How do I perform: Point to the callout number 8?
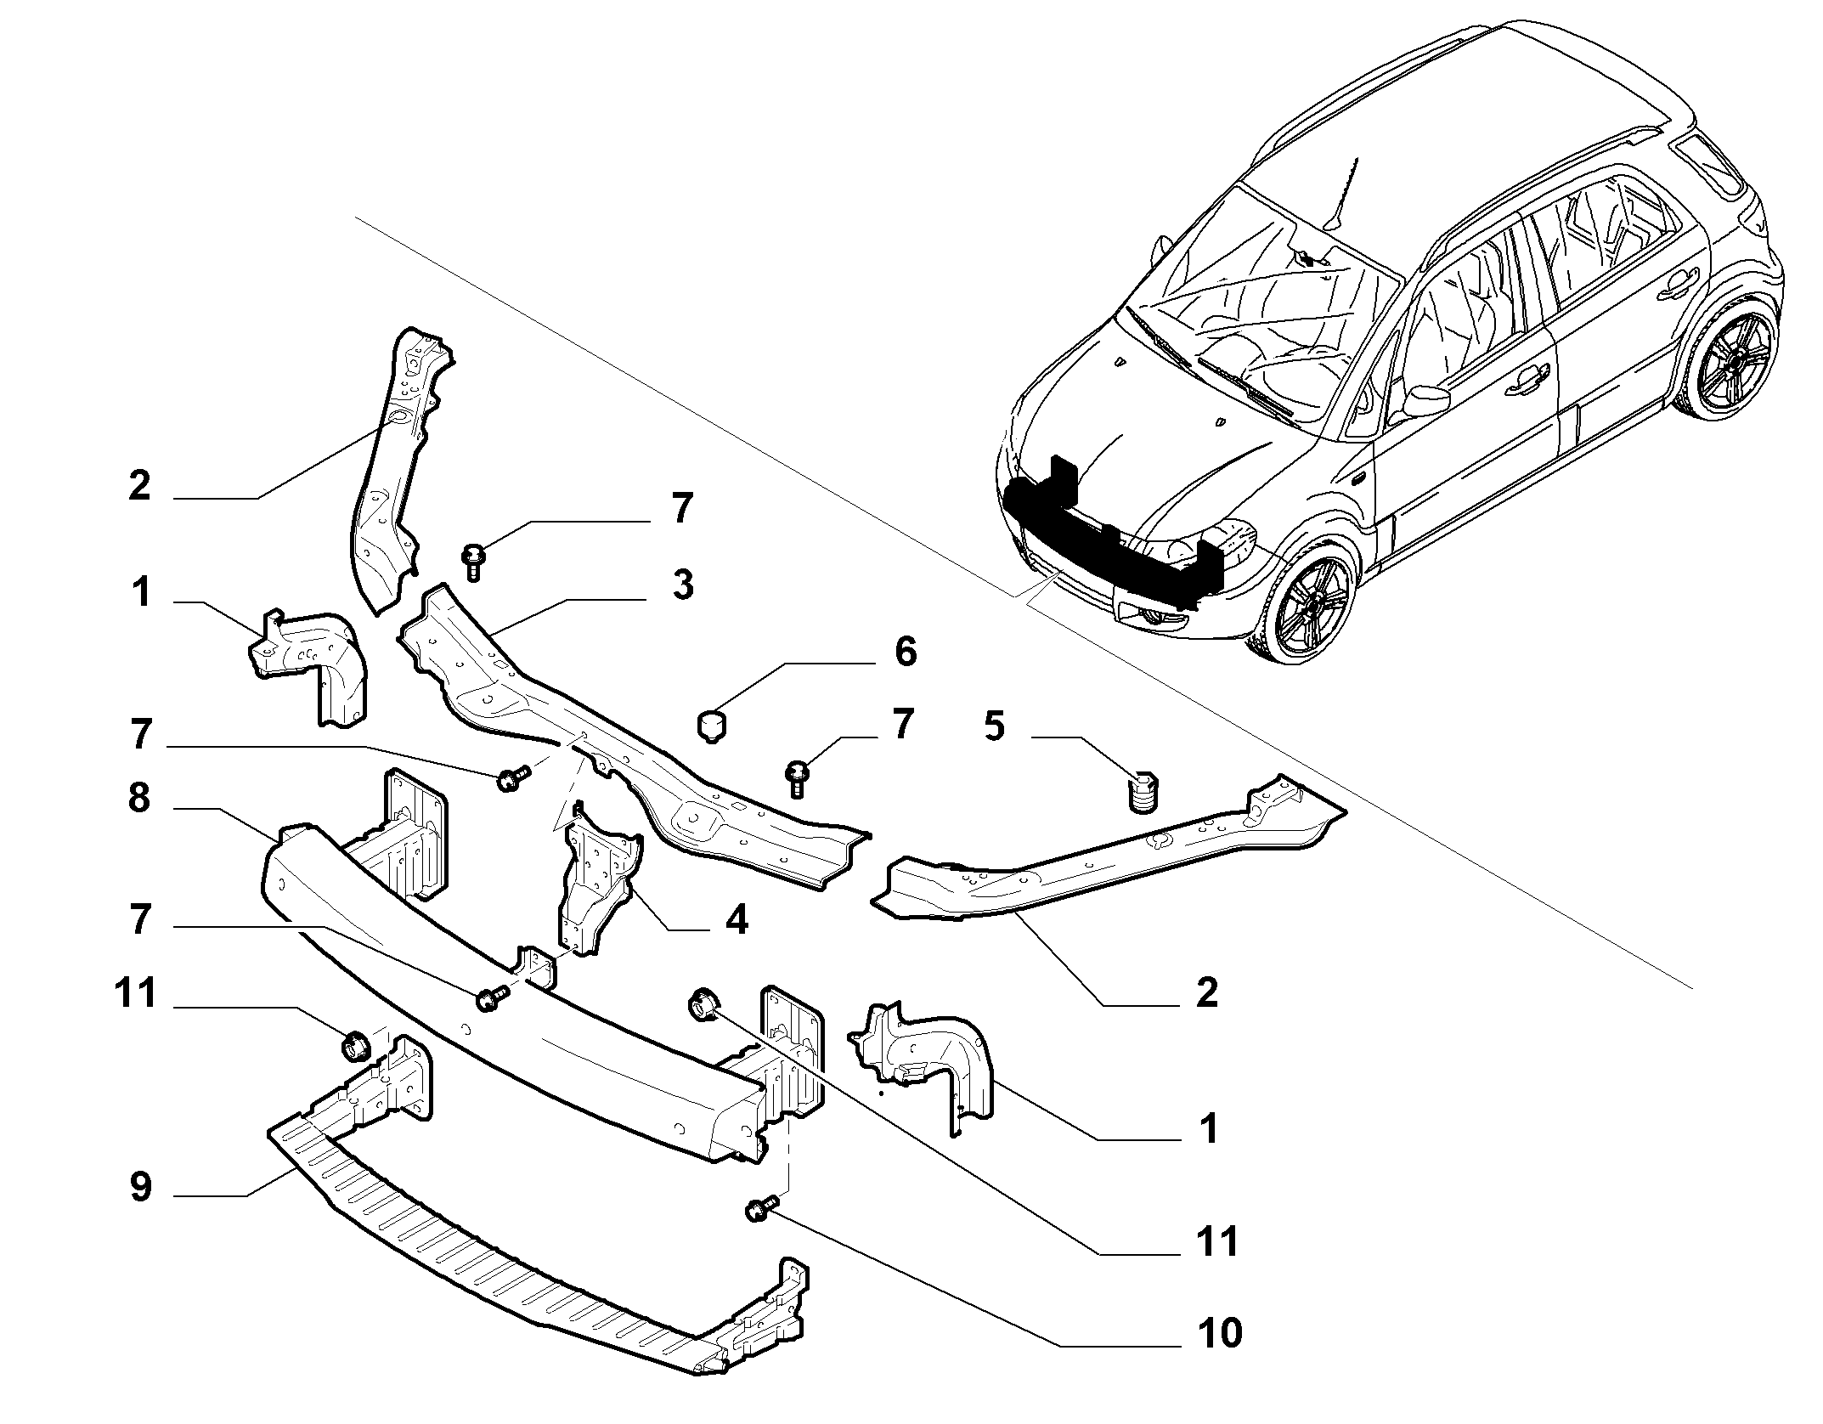coord(140,800)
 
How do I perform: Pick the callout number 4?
coord(737,919)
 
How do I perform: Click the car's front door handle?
coord(1526,382)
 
